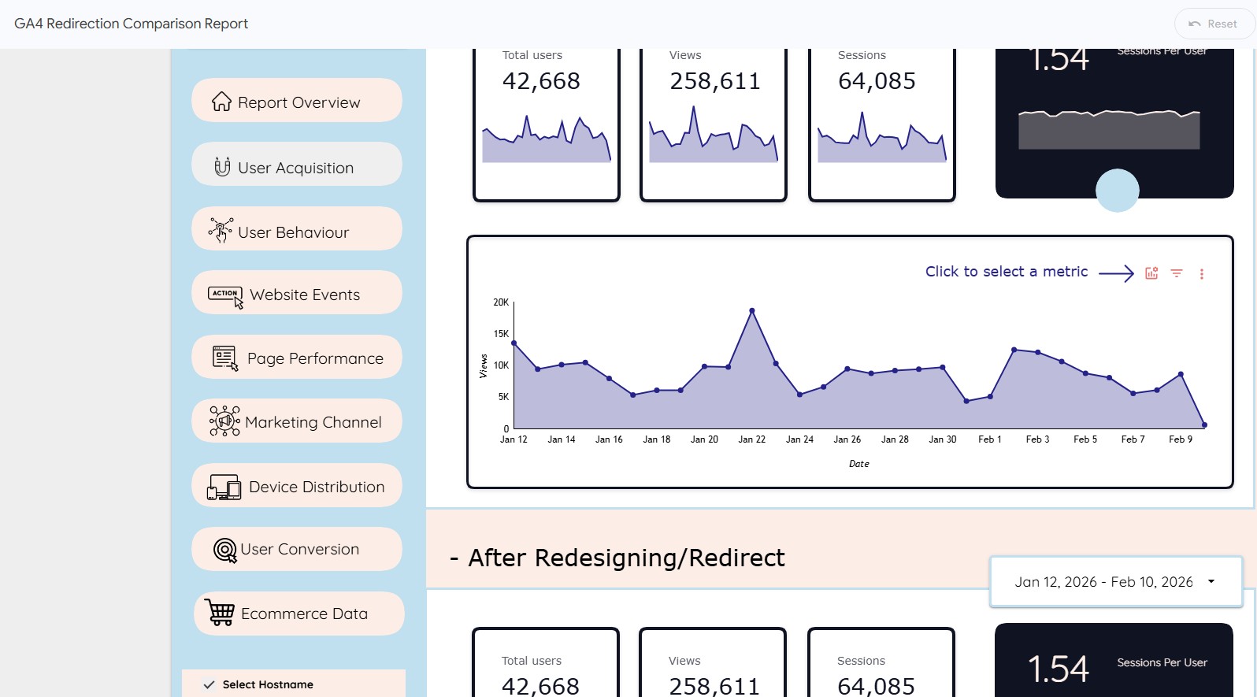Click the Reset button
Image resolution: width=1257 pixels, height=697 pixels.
tap(1214, 24)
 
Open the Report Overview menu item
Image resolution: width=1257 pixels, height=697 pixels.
tap(297, 102)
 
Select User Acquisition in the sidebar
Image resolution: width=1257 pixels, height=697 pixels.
tap(297, 166)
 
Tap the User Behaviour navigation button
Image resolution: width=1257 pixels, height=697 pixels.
tap(297, 231)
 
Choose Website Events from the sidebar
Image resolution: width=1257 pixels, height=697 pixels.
tap(297, 294)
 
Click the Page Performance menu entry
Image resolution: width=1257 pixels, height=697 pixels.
tap(297, 358)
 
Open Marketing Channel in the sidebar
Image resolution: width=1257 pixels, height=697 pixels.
tap(297, 421)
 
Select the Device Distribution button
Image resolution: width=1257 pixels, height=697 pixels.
tap(297, 486)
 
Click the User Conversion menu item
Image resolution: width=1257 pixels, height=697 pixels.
tap(297, 549)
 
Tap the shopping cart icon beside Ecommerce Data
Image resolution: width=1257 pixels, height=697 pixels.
tap(220, 612)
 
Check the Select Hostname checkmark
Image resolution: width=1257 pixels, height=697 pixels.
tap(209, 684)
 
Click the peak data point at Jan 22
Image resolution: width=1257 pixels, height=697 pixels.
tap(752, 311)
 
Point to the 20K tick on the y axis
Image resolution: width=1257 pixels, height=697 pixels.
tap(501, 302)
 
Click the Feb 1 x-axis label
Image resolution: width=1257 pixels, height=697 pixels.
tap(989, 439)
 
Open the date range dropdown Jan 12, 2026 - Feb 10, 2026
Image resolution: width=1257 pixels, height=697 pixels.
tap(1115, 582)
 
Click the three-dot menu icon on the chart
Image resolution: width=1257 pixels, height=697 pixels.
tap(1201, 274)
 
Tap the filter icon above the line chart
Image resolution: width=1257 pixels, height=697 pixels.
tap(1176, 273)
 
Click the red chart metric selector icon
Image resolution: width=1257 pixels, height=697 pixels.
tap(1151, 273)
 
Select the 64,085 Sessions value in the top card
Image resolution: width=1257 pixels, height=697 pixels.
tap(877, 81)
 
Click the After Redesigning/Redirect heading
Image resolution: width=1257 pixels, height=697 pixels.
tap(626, 558)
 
